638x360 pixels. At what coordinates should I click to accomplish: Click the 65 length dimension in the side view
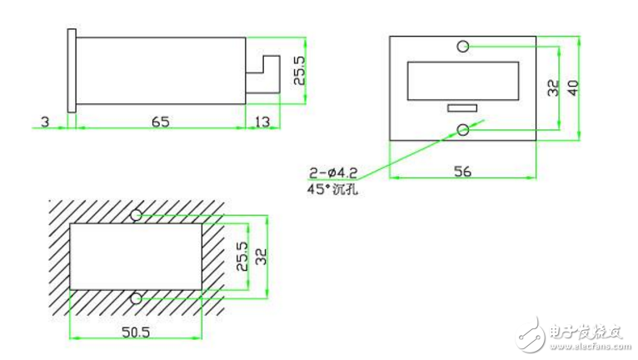(160, 122)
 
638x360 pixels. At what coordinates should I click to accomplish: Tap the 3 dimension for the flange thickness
(45, 122)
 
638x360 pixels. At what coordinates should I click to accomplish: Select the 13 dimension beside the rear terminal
(262, 122)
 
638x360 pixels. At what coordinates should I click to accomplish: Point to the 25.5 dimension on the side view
(299, 71)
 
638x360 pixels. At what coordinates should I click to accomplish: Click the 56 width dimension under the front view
(462, 171)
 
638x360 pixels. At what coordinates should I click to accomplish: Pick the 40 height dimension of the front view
(573, 88)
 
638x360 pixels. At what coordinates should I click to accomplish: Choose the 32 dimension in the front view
(553, 88)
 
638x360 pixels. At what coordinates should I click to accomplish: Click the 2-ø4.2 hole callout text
(333, 173)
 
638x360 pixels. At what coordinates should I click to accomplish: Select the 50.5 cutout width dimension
(136, 332)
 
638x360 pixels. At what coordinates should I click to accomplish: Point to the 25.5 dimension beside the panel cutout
(242, 256)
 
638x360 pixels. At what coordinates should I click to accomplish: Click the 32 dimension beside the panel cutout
(262, 257)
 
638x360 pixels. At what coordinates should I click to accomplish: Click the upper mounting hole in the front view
(462, 47)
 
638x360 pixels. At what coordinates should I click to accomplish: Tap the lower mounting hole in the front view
(462, 130)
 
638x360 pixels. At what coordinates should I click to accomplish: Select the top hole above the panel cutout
(136, 215)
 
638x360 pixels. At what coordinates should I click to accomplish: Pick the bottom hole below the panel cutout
(136, 299)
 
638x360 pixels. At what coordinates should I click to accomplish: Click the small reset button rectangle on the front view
(462, 108)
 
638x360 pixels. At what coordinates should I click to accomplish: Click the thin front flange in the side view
(72, 71)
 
